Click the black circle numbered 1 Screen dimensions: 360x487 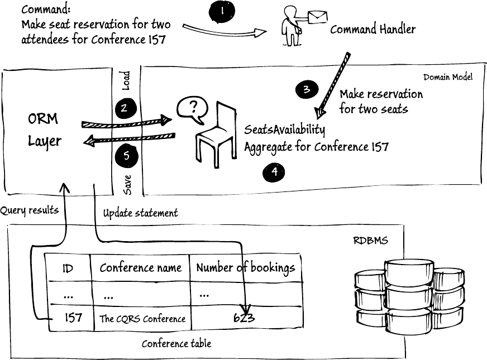[x=222, y=11]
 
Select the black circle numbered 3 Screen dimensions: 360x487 [x=307, y=89]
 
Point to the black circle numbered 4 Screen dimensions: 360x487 [x=274, y=172]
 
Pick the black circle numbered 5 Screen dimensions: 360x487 [x=126, y=156]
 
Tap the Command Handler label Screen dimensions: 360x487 [x=373, y=29]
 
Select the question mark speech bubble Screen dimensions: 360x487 [x=190, y=110]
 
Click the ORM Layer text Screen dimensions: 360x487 [x=44, y=130]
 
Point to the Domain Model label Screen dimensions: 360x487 [x=448, y=77]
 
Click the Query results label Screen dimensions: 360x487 [x=29, y=210]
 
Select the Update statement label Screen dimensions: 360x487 [x=140, y=213]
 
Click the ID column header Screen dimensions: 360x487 [x=68, y=268]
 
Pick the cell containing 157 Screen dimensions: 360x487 [x=73, y=318]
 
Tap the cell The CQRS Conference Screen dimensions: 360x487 [x=142, y=319]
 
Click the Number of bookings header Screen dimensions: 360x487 [x=245, y=268]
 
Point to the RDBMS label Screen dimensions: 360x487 [x=370, y=241]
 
